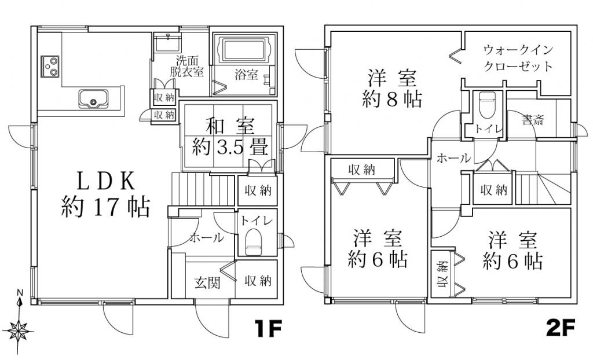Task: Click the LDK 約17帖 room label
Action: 104,194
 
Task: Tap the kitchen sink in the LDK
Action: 92,100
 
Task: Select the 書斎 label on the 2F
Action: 532,120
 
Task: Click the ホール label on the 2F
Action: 452,157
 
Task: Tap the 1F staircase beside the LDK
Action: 203,189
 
